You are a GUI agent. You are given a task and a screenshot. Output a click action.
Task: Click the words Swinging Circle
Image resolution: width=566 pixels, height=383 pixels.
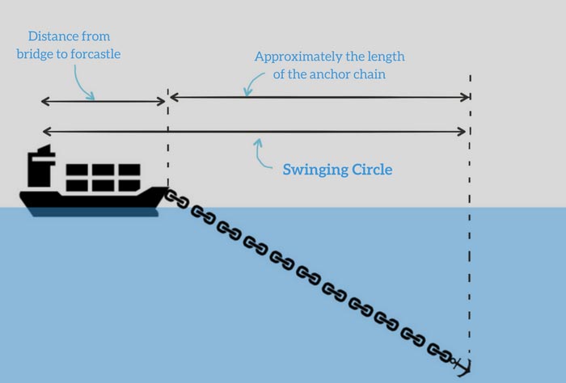click(x=336, y=170)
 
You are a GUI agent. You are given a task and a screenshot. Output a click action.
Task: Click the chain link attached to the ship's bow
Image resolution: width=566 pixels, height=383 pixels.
click(x=171, y=196)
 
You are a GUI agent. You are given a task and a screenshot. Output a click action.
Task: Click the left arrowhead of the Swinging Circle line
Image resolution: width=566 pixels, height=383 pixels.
click(x=45, y=131)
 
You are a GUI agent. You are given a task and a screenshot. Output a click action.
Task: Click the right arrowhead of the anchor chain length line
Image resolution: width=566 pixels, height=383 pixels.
click(x=466, y=97)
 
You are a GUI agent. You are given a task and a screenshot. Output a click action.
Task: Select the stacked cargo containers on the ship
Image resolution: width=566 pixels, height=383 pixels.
click(x=103, y=177)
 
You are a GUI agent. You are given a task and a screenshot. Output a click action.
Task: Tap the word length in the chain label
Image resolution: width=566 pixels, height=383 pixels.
click(x=386, y=57)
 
